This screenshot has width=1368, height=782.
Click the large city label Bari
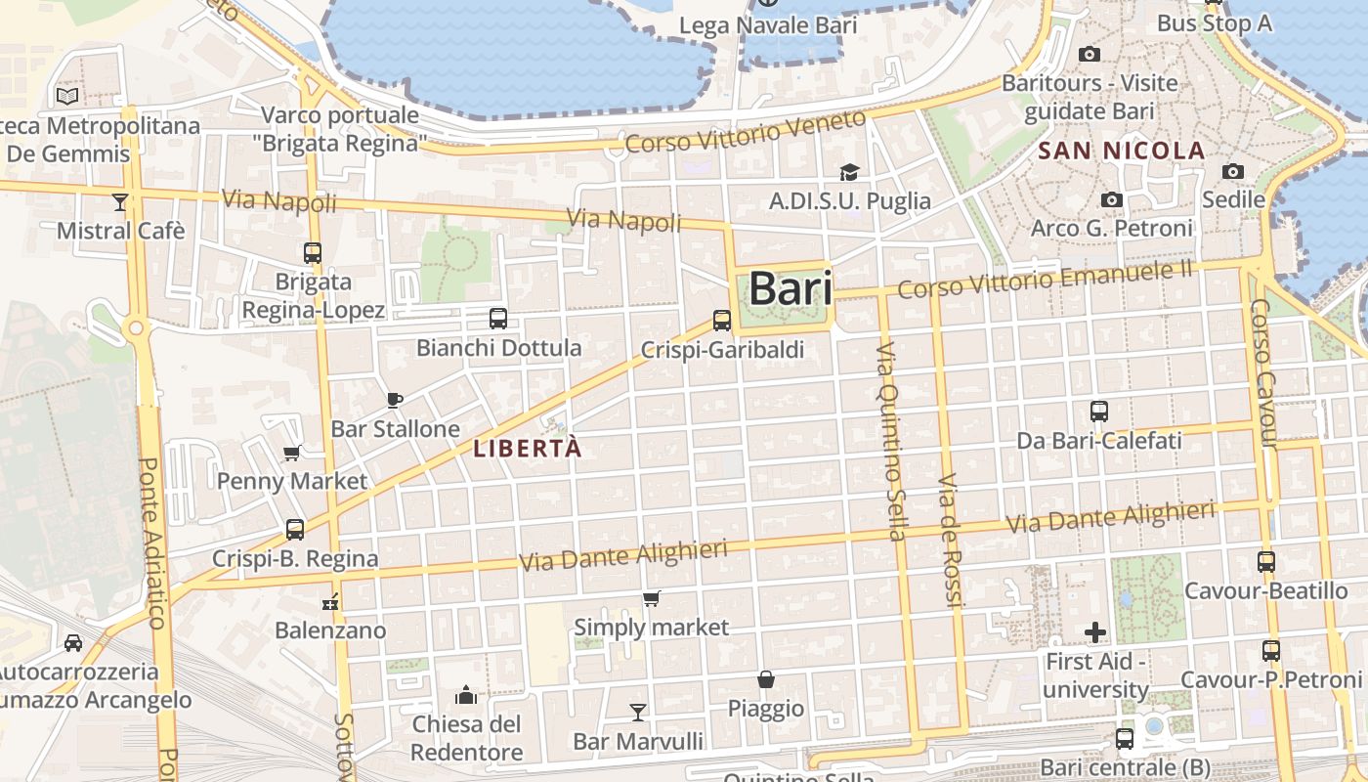[x=791, y=289]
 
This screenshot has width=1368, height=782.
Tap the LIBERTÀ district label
[x=527, y=449]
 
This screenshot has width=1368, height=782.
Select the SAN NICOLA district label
[x=1121, y=151]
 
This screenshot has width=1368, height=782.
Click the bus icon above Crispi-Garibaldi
[x=722, y=320]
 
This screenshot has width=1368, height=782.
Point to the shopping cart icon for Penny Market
[x=291, y=453]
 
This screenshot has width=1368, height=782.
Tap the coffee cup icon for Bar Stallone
[x=395, y=400]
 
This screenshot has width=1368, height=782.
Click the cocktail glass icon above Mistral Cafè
[x=120, y=202]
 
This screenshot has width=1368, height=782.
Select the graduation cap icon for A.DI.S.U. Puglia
[x=849, y=173]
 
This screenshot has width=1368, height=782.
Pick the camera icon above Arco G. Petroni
[x=1111, y=200]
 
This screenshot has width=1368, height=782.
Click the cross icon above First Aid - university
[x=1095, y=632]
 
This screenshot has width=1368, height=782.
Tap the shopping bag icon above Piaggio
[x=766, y=679]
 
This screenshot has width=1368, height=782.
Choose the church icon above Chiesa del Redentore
[x=466, y=696]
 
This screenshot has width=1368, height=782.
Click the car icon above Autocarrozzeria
[x=73, y=643]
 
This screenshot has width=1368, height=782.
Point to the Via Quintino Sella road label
[x=890, y=442]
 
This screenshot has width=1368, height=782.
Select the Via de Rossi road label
[x=950, y=541]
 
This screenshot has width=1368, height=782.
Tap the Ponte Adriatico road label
[x=152, y=543]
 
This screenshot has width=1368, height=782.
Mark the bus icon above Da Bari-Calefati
[x=1099, y=412]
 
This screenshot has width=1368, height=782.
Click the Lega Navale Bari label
[x=767, y=25]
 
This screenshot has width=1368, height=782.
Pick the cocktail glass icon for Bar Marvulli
[x=638, y=712]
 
